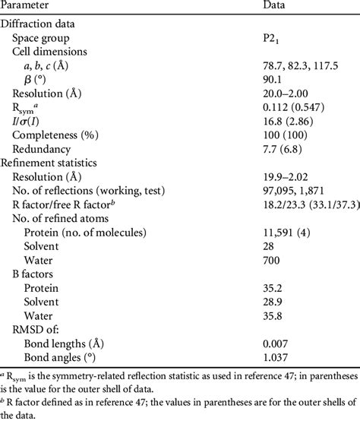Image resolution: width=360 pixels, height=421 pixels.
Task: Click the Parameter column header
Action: tap(33, 6)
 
